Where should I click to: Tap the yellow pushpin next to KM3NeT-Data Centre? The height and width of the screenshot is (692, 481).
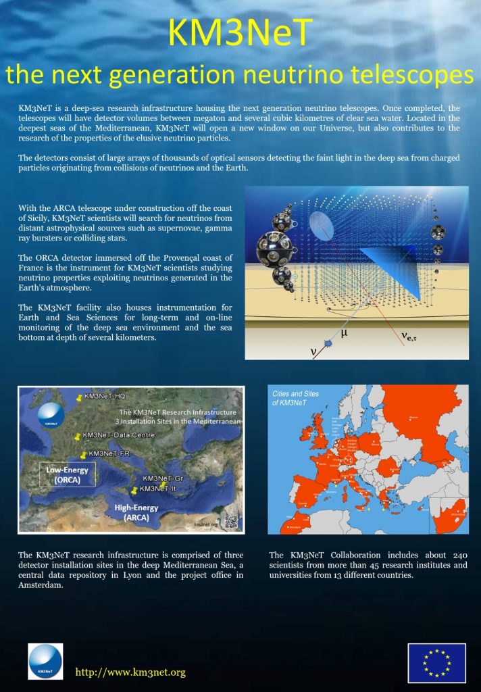click(78, 437)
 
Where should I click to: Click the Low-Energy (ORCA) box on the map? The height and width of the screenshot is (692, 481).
click(61, 474)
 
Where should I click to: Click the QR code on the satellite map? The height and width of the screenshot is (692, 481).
click(231, 520)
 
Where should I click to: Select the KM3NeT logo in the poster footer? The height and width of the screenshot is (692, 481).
click(45, 661)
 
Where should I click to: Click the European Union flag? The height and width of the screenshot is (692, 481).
click(436, 663)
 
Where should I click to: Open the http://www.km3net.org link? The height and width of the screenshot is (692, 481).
click(130, 672)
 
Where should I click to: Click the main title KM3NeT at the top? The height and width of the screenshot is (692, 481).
click(240, 32)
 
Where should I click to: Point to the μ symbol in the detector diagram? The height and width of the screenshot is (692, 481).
click(345, 332)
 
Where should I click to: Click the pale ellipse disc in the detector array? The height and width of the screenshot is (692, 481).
click(321, 224)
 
